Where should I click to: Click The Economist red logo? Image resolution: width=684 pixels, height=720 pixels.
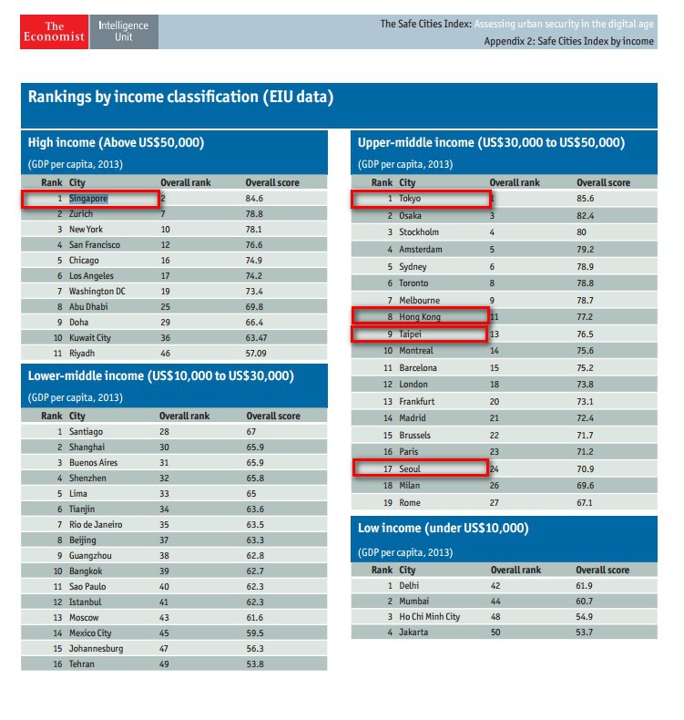click(x=54, y=32)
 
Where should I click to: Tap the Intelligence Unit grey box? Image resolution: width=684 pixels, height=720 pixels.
click(x=124, y=32)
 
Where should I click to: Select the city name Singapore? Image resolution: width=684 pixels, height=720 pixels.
click(x=88, y=199)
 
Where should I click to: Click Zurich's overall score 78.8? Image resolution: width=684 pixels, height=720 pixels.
click(x=254, y=214)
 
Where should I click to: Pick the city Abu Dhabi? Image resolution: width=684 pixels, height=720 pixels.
click(x=88, y=307)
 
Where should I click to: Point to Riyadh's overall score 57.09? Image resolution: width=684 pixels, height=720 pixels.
click(x=256, y=354)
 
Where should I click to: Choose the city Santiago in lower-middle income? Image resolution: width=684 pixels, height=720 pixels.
click(x=86, y=432)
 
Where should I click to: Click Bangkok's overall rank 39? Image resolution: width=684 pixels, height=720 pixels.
click(x=164, y=571)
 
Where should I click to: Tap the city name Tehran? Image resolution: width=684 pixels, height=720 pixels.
click(x=82, y=664)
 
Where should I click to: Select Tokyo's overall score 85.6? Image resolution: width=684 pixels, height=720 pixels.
click(x=586, y=199)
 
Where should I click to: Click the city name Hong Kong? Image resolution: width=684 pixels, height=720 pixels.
click(x=420, y=317)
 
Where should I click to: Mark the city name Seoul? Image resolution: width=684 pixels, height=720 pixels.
click(x=410, y=468)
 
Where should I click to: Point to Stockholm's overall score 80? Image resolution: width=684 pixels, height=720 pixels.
click(x=581, y=232)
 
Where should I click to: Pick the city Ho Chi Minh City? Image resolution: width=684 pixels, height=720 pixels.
click(x=429, y=617)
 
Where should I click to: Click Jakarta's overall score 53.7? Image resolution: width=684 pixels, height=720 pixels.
click(x=585, y=633)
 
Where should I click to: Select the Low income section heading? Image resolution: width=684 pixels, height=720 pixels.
click(x=444, y=528)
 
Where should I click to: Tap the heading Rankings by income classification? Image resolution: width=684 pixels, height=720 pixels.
click(x=180, y=97)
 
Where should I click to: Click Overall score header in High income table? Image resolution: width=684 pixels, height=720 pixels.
click(x=272, y=183)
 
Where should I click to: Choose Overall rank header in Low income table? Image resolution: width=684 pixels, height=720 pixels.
click(x=516, y=571)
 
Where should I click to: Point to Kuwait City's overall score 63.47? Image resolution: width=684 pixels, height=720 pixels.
click(x=257, y=338)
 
